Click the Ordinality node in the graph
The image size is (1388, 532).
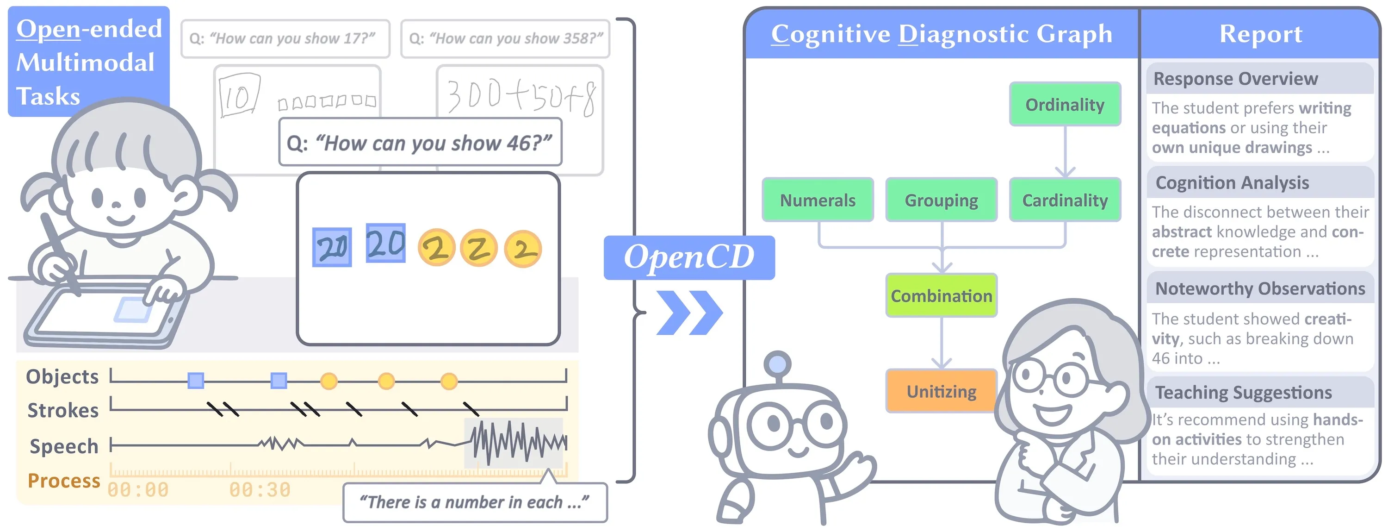(1065, 105)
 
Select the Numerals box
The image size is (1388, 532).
(818, 200)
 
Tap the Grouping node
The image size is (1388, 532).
(942, 200)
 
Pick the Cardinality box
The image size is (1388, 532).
(1065, 200)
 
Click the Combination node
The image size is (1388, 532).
(942, 295)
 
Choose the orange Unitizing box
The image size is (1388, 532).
(942, 391)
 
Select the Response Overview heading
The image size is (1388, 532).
(1235, 79)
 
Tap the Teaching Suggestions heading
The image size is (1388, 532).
(1243, 392)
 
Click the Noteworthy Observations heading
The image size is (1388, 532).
(1260, 288)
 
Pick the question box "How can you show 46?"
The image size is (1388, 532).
(420, 143)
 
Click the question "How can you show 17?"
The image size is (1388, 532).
(285, 39)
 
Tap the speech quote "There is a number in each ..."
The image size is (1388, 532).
(474, 502)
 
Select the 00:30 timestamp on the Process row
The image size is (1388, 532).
(260, 489)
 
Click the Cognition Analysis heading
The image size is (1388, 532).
(1232, 183)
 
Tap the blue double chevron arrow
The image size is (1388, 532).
(689, 313)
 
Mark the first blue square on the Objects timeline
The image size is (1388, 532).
(196, 381)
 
